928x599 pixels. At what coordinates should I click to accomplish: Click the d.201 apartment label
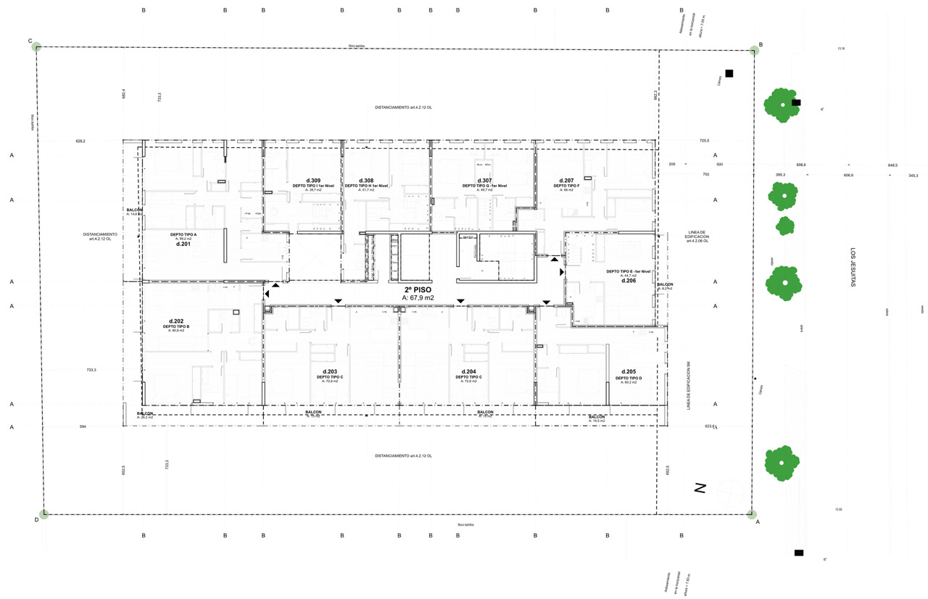183,244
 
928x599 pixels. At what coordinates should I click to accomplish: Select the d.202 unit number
175,321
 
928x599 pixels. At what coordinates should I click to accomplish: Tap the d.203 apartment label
330,371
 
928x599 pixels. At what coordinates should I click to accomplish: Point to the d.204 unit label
468,371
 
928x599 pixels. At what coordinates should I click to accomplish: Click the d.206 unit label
628,281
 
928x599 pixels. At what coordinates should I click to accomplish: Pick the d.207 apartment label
566,180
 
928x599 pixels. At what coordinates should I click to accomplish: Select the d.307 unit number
484,180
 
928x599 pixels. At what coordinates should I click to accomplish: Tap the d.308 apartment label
366,180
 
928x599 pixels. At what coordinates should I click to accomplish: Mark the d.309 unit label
313,180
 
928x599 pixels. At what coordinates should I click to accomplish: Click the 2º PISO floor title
418,289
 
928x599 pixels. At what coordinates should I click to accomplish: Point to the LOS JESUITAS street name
853,268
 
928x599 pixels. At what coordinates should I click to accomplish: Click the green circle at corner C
37,47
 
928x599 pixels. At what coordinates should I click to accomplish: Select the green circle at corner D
44,514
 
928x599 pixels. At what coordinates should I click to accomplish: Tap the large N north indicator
700,489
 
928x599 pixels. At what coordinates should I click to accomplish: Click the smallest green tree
784,226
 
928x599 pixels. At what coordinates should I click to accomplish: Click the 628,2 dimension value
80,141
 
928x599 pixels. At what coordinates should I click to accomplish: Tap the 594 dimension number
83,427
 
